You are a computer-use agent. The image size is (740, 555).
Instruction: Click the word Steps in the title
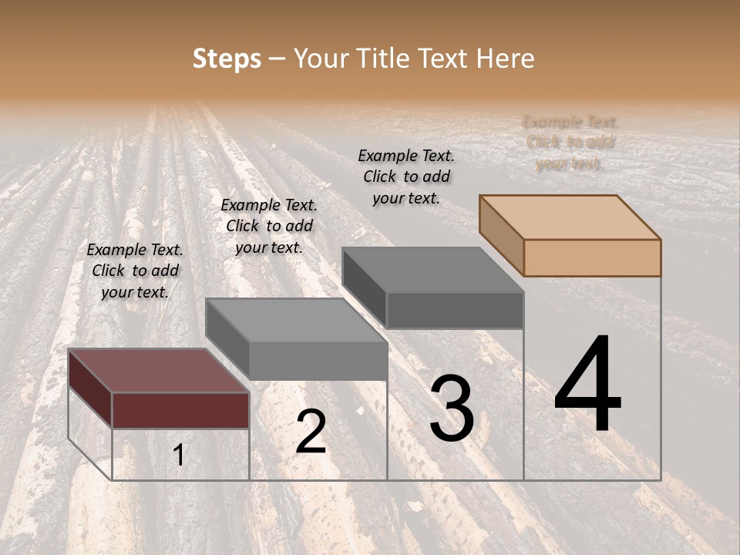click(x=227, y=59)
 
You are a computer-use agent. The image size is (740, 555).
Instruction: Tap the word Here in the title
click(x=505, y=59)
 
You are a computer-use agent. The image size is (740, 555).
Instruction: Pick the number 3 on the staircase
click(x=452, y=409)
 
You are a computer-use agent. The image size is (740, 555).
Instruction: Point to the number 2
click(x=311, y=432)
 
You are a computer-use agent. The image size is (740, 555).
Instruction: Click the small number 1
click(x=178, y=456)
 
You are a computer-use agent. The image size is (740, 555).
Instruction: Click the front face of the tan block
click(x=592, y=257)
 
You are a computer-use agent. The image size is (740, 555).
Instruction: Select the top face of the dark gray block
click(x=432, y=270)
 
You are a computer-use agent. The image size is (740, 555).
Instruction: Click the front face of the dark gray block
click(x=455, y=310)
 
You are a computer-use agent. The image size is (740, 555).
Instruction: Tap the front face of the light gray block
click(x=318, y=361)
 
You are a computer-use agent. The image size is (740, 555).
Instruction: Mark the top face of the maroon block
click(x=158, y=370)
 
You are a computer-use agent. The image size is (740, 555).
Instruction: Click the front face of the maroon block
click(x=180, y=410)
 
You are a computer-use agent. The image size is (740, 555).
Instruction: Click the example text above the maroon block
click(x=134, y=271)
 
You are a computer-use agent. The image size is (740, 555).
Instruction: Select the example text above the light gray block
click(x=269, y=226)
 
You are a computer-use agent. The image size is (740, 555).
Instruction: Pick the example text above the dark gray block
click(x=406, y=177)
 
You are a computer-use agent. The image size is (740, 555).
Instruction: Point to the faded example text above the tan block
click(x=570, y=143)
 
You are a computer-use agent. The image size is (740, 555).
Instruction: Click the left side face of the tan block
click(x=501, y=234)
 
